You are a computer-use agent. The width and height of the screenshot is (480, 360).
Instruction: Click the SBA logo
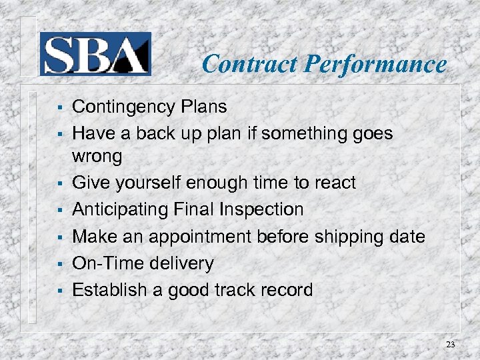[x=95, y=54]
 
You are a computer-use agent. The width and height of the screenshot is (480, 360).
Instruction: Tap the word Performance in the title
[x=375, y=64]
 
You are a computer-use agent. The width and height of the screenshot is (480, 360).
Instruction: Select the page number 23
[x=451, y=345]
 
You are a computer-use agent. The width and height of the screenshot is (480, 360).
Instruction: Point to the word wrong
[x=97, y=157]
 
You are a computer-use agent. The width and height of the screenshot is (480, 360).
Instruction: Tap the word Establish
[x=105, y=291]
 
